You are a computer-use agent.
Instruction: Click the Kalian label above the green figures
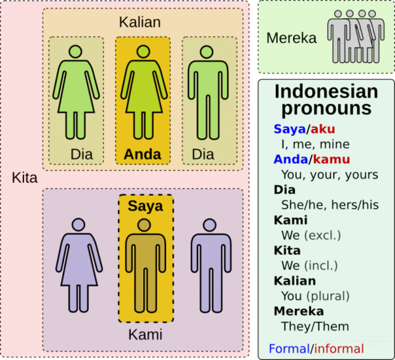tap(140, 22)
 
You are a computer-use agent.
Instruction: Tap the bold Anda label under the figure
tap(143, 154)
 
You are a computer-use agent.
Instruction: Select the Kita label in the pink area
tap(25, 178)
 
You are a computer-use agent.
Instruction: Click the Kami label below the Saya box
tap(146, 335)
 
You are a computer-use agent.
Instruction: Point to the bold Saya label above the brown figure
tap(146, 206)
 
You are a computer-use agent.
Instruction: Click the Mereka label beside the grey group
tap(291, 38)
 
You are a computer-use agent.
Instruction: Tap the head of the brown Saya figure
tap(144, 225)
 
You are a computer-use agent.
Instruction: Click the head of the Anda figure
tap(143, 52)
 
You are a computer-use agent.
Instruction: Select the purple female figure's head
tap(78, 224)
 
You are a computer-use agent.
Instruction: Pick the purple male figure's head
tap(210, 225)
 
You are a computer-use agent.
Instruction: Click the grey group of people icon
tap(356, 36)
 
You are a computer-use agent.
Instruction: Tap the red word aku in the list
tap(323, 129)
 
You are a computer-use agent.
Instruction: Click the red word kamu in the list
tap(331, 159)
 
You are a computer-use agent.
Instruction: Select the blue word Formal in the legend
tap(289, 349)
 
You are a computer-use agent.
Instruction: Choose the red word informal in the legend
tap(339, 349)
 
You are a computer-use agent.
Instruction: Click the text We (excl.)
tap(311, 235)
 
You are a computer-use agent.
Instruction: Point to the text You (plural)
tap(315, 296)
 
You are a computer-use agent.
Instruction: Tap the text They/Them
tap(315, 327)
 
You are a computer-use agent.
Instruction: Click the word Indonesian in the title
tap(326, 91)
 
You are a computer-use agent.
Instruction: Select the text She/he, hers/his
tap(330, 205)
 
